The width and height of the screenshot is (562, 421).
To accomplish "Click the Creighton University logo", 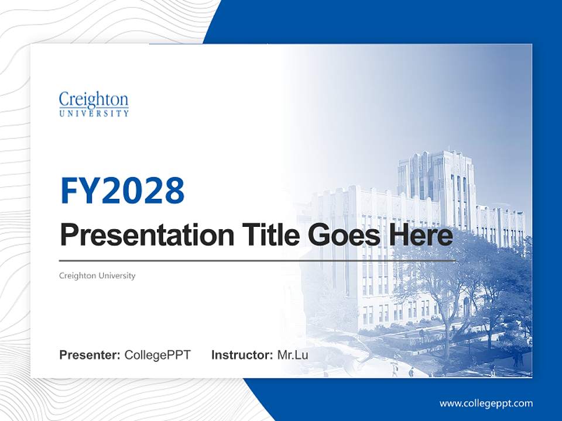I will point(94,104).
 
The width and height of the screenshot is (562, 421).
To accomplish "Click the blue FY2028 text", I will point(122,191).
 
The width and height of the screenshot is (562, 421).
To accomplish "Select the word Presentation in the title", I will point(138,236).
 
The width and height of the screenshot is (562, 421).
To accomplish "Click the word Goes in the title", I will point(342,235).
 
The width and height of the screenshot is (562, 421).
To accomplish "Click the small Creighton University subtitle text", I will point(97,275).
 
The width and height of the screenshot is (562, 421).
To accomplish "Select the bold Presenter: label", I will point(90,355).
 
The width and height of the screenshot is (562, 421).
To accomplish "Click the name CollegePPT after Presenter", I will point(157,355).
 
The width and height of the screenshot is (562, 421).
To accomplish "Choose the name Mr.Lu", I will point(293,355).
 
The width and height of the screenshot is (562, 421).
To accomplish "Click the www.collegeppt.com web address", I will point(486,403).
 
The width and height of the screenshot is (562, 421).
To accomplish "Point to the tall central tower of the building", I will point(436,181).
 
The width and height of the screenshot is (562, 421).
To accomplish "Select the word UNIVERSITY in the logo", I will point(94,113).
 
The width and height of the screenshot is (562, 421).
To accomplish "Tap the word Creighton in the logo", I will point(94,99).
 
